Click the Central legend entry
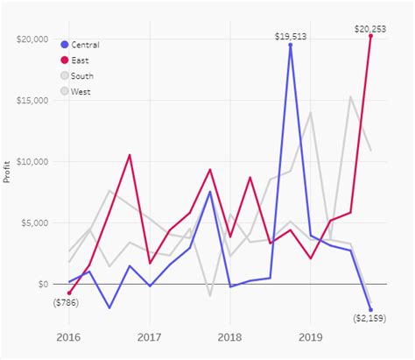click(x=86, y=45)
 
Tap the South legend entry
click(x=84, y=76)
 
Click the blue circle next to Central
click(x=66, y=45)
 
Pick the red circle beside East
click(x=66, y=60)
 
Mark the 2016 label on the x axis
click(x=69, y=336)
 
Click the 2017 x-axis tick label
click(x=150, y=336)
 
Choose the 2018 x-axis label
click(x=229, y=336)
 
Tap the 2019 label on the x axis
click(x=310, y=336)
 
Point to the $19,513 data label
click(x=291, y=36)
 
